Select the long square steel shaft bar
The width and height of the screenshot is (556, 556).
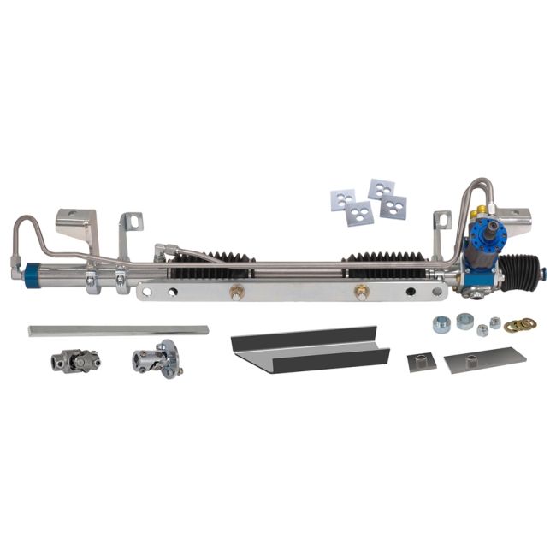[118, 330]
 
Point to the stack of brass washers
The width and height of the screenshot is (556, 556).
[519, 324]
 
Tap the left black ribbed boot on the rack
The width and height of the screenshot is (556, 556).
[204, 266]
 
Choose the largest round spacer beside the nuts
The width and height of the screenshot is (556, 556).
[465, 321]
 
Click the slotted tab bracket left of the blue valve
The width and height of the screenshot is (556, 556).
[441, 223]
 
